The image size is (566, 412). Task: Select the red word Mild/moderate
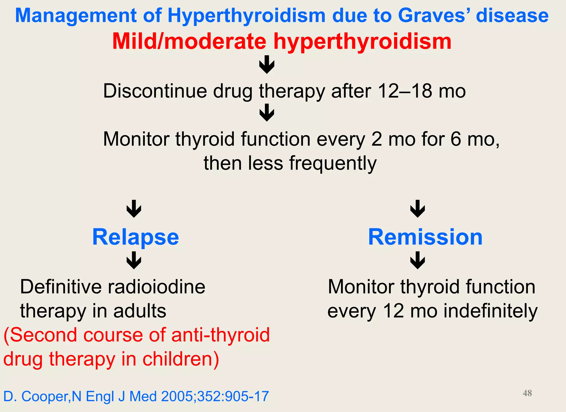[189, 42]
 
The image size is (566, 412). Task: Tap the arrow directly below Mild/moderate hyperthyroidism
[267, 64]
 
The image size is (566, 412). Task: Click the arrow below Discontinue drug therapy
[267, 112]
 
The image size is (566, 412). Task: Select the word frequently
[333, 163]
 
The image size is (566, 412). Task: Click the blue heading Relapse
[135, 237]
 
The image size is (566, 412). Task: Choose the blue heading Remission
[425, 237]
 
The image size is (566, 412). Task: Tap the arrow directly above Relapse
[134, 209]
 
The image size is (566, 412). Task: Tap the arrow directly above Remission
[418, 209]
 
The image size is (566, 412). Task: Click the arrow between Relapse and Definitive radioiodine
[134, 260]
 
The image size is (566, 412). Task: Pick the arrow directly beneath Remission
[418, 260]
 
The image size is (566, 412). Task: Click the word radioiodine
[156, 287]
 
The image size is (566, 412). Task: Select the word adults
[140, 311]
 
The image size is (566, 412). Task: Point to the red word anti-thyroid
[221, 335]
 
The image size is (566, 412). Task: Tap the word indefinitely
[491, 311]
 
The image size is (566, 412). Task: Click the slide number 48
[527, 393]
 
